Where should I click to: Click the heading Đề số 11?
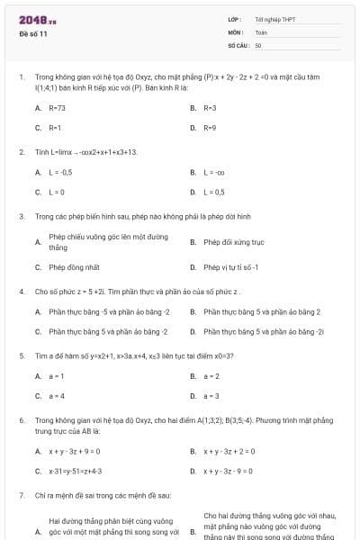click(33, 33)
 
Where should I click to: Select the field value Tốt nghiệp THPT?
click(274, 19)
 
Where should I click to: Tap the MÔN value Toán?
click(261, 31)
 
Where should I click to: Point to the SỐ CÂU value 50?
click(258, 44)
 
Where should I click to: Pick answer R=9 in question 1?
click(210, 128)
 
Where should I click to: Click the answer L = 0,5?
click(214, 192)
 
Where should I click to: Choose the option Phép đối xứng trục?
click(233, 241)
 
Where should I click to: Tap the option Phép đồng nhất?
click(74, 267)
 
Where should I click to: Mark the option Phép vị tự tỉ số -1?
click(231, 267)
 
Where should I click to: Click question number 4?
click(21, 292)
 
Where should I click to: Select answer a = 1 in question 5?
click(57, 375)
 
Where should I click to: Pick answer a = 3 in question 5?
click(211, 396)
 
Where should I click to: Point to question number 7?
click(21, 496)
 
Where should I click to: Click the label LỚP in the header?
click(233, 19)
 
